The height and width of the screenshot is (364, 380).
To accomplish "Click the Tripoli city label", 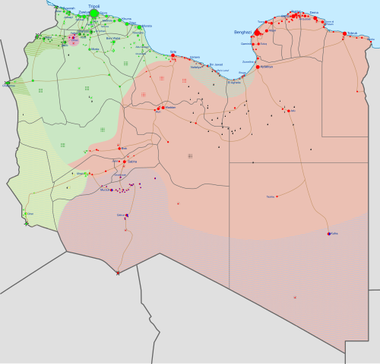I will [x=94, y=5].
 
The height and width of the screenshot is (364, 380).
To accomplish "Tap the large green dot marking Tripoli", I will [x=94, y=13].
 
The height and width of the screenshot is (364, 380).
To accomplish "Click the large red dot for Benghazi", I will [x=257, y=33].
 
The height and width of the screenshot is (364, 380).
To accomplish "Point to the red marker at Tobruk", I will [x=344, y=33].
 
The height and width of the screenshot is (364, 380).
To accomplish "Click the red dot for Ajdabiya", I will [x=259, y=67].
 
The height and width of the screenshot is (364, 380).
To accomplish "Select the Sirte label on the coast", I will [x=173, y=52].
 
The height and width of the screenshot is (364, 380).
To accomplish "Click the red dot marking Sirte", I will [x=173, y=56].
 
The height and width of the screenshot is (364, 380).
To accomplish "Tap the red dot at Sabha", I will [x=125, y=161].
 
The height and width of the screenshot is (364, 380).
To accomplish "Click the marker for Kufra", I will [x=329, y=234].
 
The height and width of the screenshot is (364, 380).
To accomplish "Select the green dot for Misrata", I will [x=139, y=27].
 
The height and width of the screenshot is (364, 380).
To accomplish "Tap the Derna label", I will [x=315, y=13].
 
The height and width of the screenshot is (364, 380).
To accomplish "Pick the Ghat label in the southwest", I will [x=30, y=215].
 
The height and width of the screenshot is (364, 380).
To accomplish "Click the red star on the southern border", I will [x=118, y=273].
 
